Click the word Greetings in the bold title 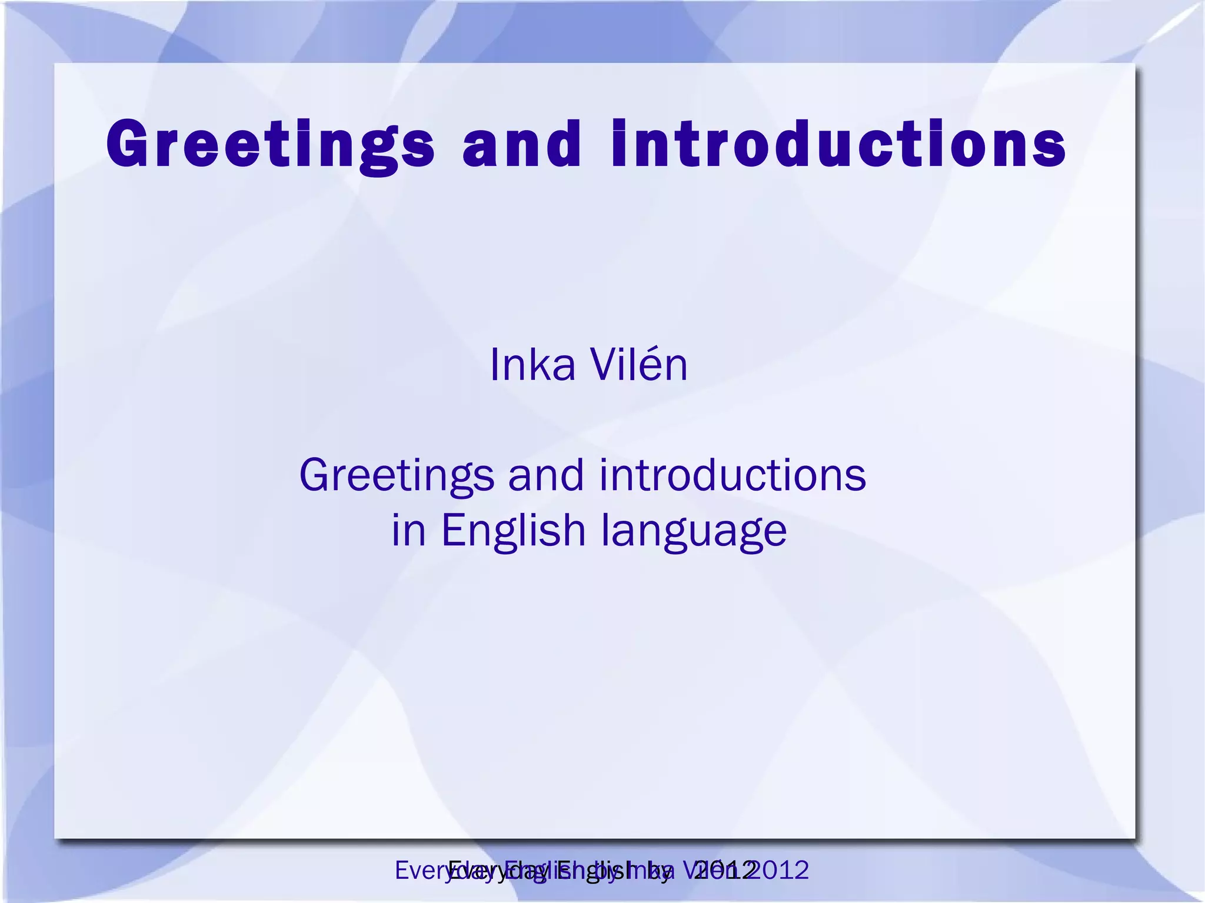click(270, 144)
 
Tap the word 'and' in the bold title click(522, 144)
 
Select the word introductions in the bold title click(839, 144)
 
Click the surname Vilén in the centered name click(639, 365)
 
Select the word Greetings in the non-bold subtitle click(397, 476)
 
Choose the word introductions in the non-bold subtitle click(733, 475)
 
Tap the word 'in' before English click(408, 530)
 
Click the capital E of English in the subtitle click(452, 530)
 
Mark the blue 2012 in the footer click(782, 870)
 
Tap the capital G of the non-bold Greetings click(315, 475)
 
